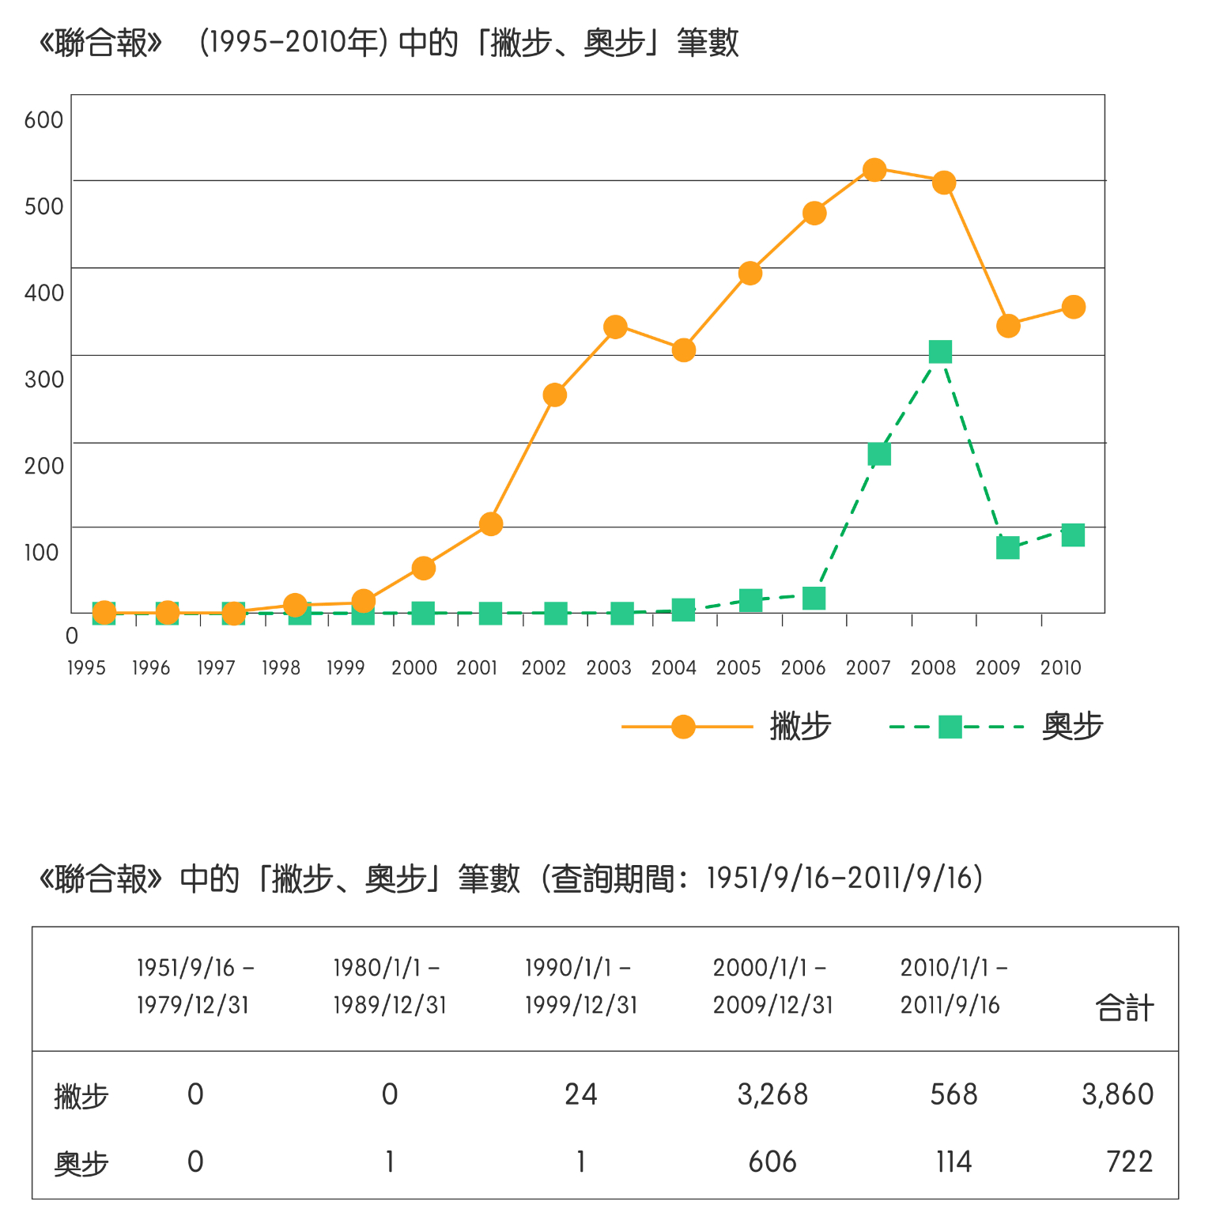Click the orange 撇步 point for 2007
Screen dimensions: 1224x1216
874,170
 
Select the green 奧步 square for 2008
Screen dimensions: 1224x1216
940,352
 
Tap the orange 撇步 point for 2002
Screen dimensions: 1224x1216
555,395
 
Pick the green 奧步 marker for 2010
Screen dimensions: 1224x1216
1073,535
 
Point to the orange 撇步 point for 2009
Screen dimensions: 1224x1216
1008,326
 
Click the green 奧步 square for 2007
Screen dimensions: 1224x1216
879,454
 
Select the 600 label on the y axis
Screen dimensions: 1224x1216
43,120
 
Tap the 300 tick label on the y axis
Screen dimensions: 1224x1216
43,380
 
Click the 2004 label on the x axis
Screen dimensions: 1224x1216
674,668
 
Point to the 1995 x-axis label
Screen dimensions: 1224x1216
86,668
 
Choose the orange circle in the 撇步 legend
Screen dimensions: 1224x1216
683,727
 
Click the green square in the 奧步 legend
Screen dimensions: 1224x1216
950,727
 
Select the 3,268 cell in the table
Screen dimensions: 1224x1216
772,1094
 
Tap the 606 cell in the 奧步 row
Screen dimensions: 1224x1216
772,1162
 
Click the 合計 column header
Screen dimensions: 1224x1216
1124,1008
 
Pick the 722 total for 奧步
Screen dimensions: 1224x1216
1129,1162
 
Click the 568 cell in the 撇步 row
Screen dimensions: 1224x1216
954,1094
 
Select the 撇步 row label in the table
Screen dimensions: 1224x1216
81,1097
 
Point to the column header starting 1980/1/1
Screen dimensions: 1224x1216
390,986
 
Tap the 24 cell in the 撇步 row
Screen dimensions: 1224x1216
581,1094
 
